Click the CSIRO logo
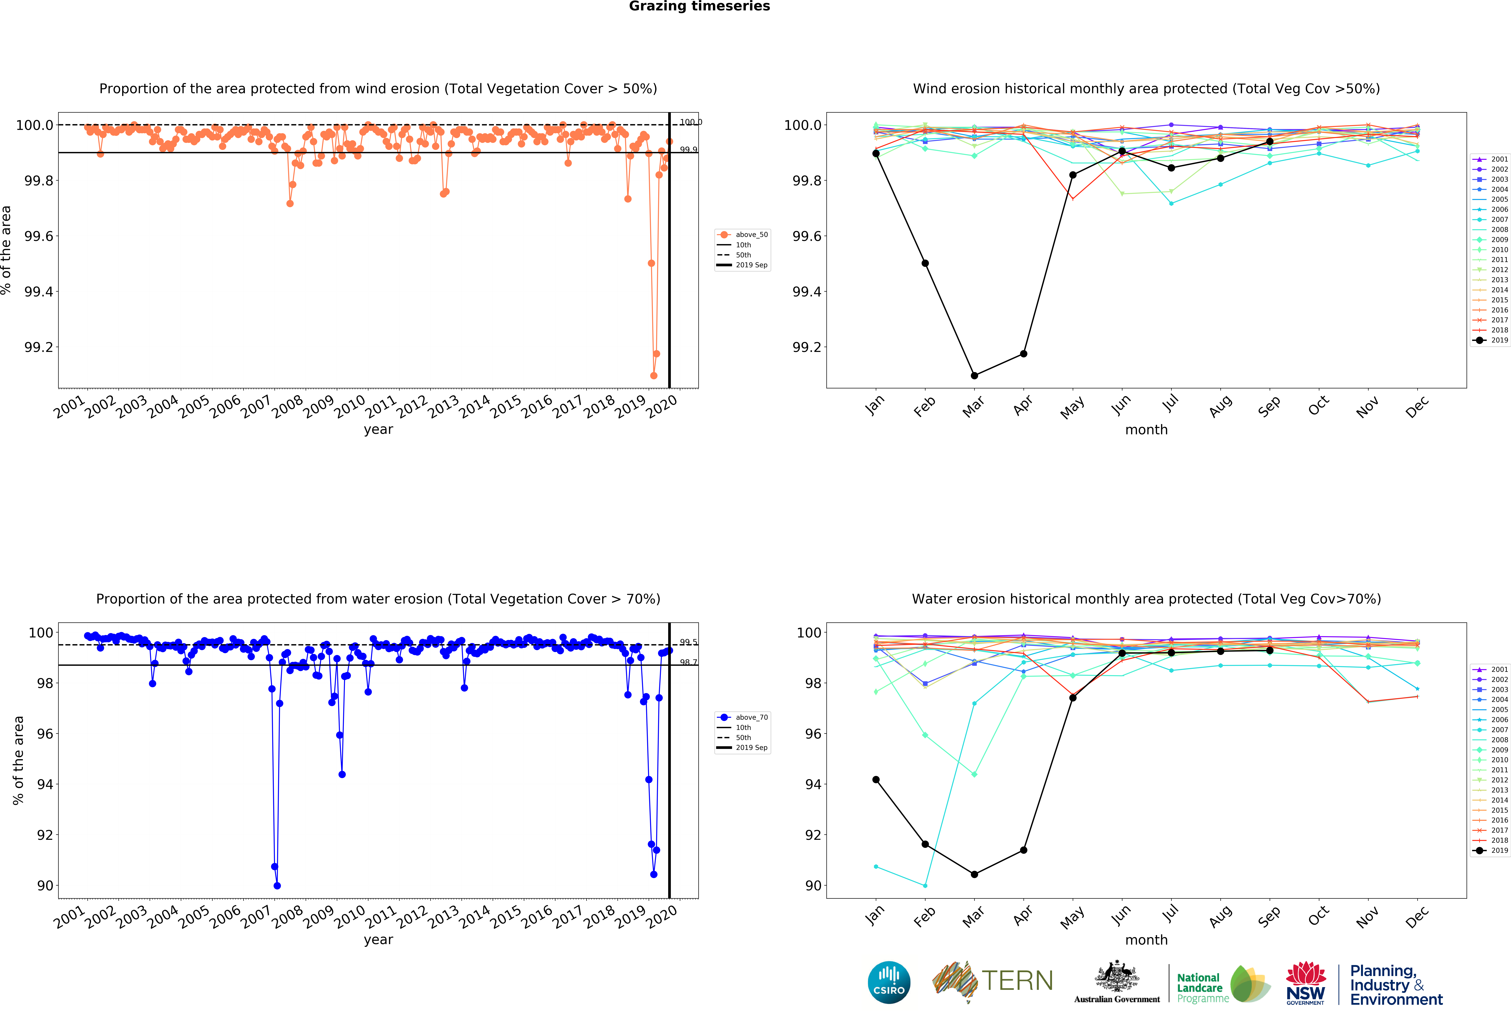click(x=889, y=982)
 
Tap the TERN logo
click(x=993, y=981)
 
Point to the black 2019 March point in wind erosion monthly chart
click(x=974, y=375)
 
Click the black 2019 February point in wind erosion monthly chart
click(x=925, y=263)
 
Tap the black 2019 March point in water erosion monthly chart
click(x=974, y=874)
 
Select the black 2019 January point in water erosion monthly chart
click(x=876, y=779)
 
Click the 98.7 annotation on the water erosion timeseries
click(x=689, y=662)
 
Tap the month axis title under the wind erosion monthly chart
click(x=1146, y=430)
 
